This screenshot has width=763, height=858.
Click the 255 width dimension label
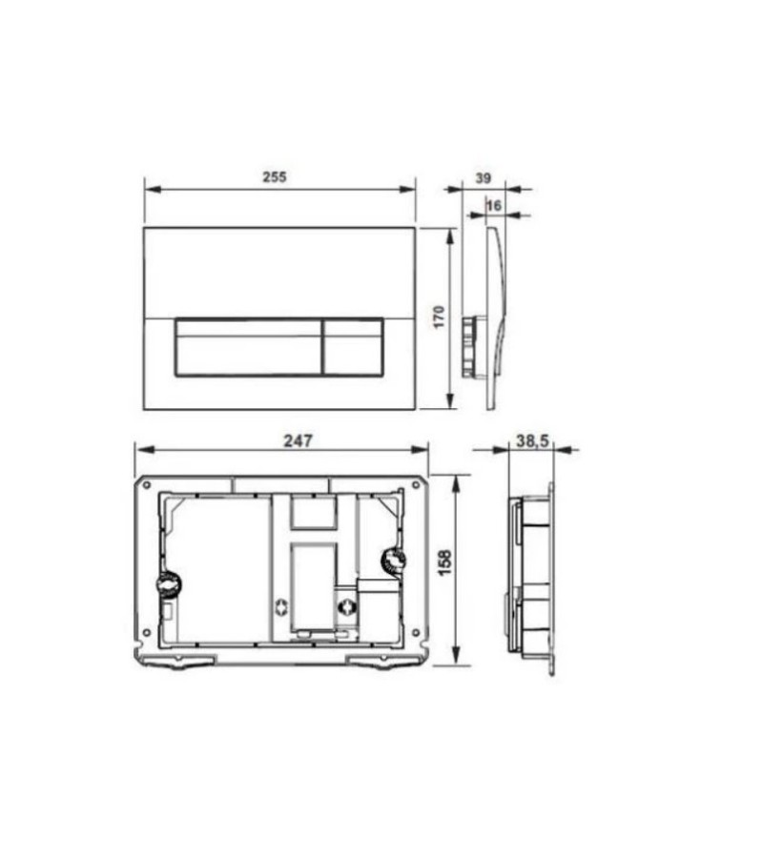click(x=275, y=176)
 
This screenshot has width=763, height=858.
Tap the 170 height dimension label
click(x=438, y=317)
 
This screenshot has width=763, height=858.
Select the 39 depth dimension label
click(x=484, y=177)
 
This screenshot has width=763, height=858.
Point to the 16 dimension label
click(x=494, y=204)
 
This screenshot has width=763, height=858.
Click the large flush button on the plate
click(x=246, y=346)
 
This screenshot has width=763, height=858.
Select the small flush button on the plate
click(x=353, y=346)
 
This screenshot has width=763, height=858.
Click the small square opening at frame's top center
click(x=314, y=514)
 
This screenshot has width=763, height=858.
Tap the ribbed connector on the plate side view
click(x=468, y=345)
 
